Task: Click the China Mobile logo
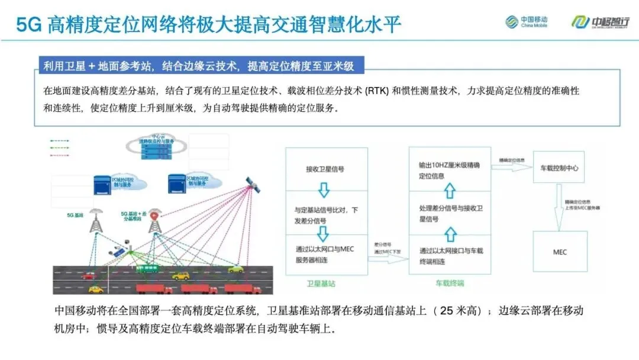[x=526, y=22]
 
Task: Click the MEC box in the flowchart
[x=560, y=252]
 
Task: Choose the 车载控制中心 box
[x=559, y=168]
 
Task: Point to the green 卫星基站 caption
[x=323, y=284]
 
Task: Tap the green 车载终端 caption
[x=450, y=284]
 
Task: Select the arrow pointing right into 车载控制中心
[x=511, y=168]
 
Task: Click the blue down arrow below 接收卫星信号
[x=324, y=190]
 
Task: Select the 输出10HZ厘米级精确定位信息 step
[x=450, y=171]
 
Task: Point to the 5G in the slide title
[x=29, y=24]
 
